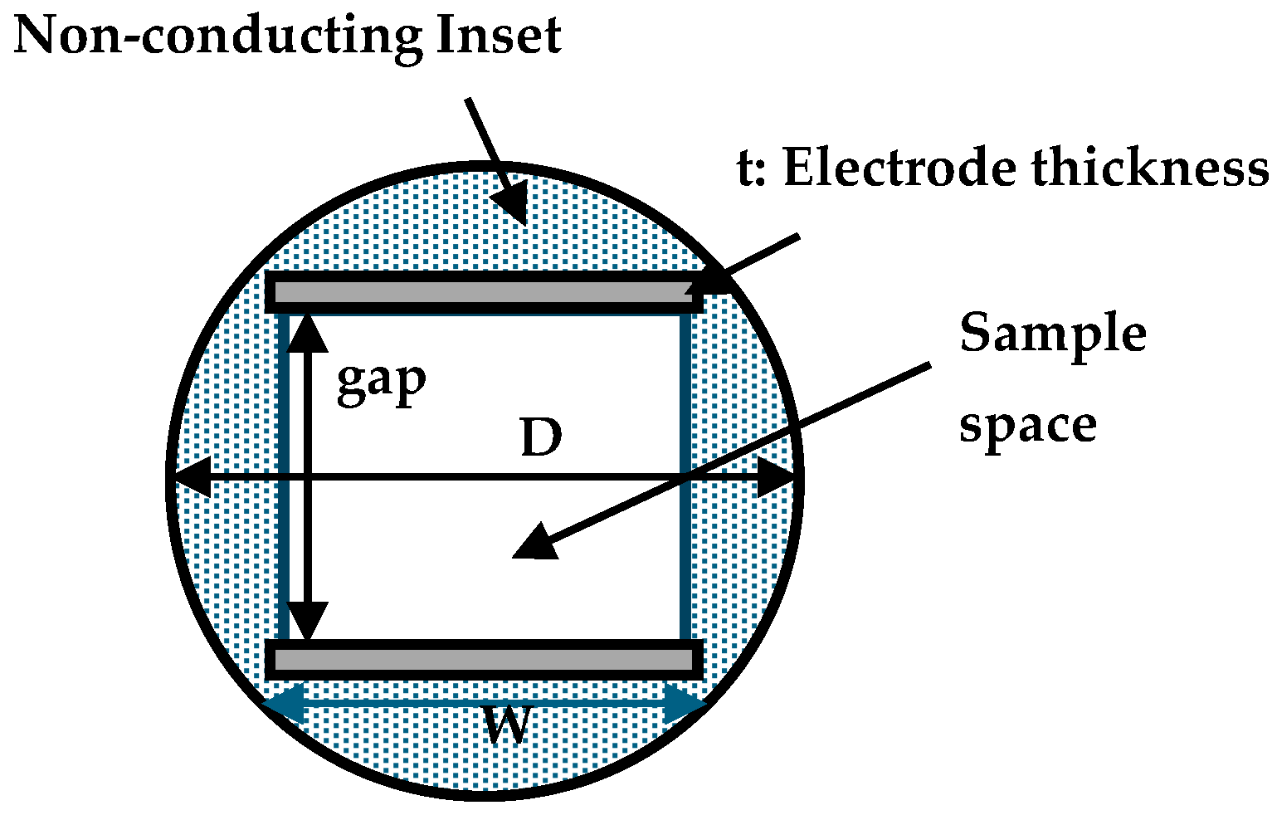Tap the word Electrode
[x=899, y=168]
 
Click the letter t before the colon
[x=745, y=170]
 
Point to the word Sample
[x=1052, y=335]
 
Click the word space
[x=1027, y=427]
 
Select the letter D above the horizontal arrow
[x=541, y=438]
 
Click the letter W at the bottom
[x=507, y=728]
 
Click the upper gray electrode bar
[x=481, y=292]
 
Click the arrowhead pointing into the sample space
[x=534, y=543]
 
